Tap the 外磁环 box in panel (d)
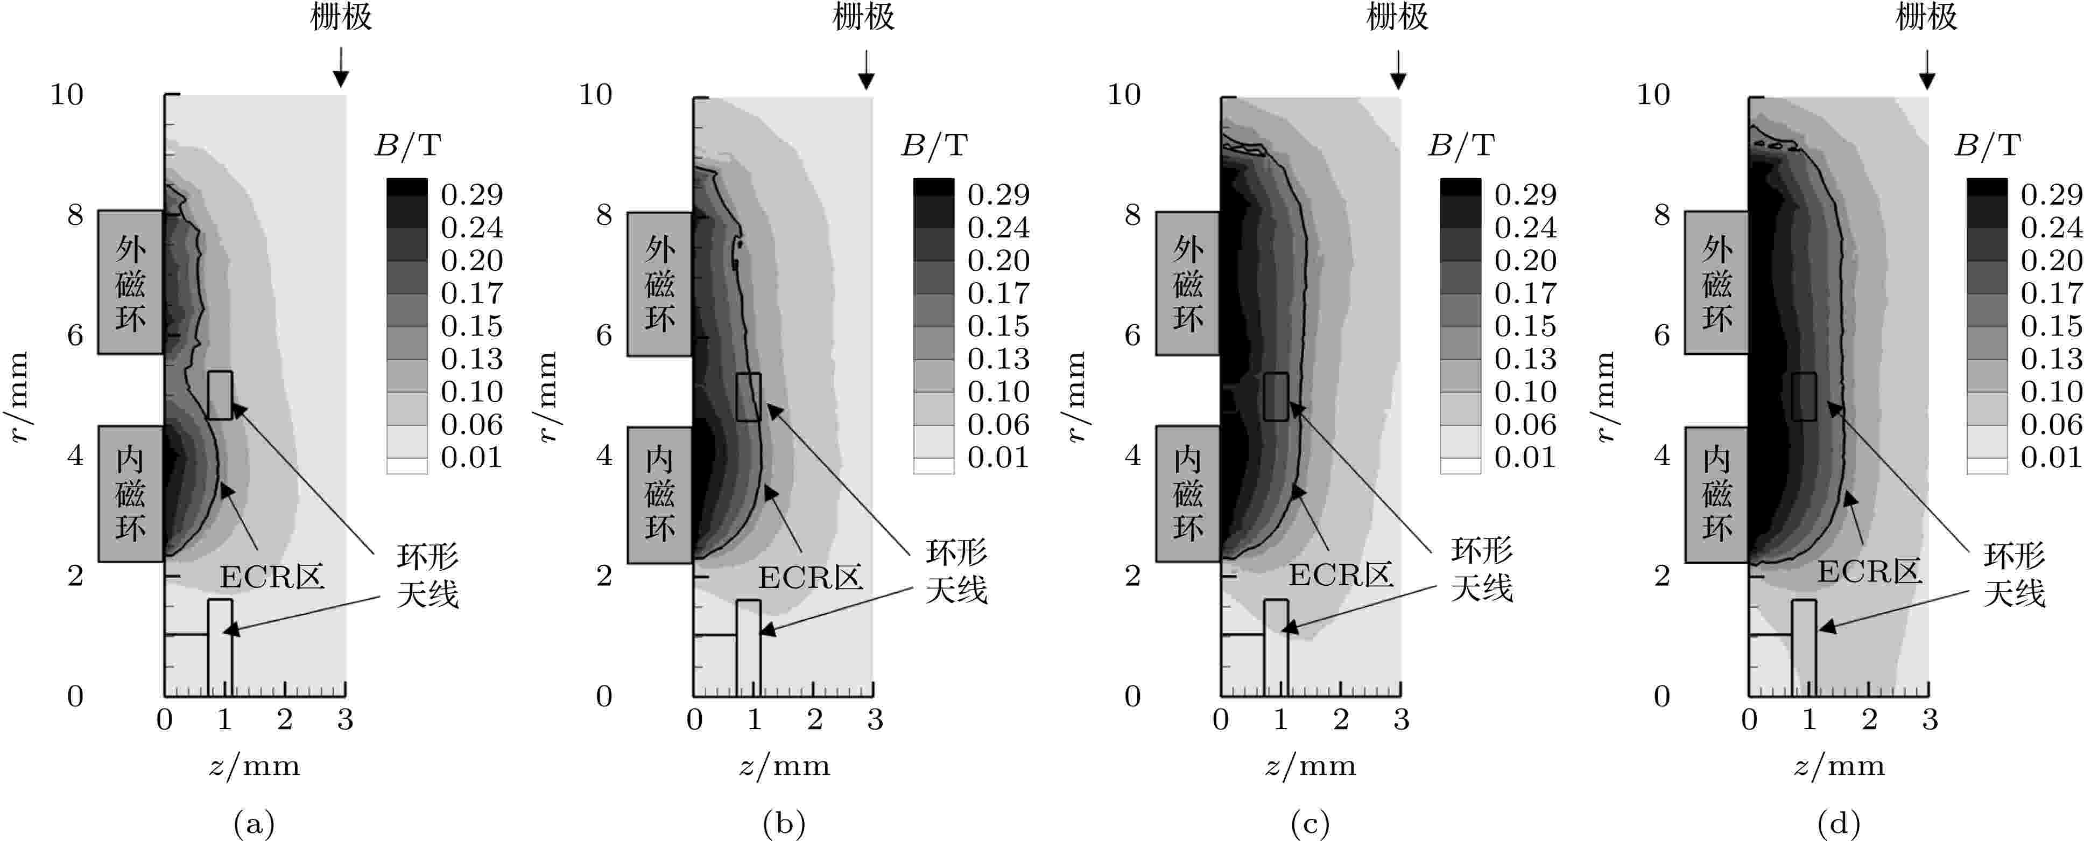1717,283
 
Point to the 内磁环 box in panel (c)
1188,494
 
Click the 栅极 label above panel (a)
341,17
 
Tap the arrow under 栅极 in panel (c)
1398,69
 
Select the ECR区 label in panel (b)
810,577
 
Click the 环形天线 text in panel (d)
2015,574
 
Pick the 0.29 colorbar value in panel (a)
471,194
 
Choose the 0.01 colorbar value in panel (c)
1525,457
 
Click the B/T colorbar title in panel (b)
934,145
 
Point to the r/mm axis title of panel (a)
18,397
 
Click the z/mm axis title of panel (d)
1839,765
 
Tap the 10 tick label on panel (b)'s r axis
595,95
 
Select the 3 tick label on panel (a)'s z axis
346,719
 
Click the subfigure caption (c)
1310,824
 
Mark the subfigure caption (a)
254,824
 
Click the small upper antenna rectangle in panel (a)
220,395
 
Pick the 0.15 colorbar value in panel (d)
2051,325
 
